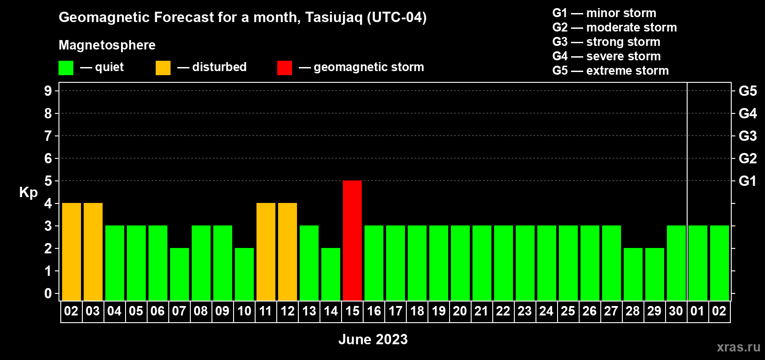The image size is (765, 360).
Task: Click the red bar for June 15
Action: (x=352, y=240)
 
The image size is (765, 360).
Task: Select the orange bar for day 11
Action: (x=265, y=252)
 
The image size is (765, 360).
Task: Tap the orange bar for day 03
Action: (x=93, y=252)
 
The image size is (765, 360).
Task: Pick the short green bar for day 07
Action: (x=179, y=274)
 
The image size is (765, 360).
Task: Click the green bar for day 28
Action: (x=633, y=274)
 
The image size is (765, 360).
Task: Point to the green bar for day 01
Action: (x=697, y=263)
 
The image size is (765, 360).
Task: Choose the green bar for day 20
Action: (x=460, y=263)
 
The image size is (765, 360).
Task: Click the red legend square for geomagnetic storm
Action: (x=284, y=67)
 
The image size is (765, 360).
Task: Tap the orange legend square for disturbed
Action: (x=163, y=67)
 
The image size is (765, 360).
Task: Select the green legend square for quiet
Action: (x=66, y=67)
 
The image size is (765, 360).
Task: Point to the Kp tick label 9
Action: (x=48, y=91)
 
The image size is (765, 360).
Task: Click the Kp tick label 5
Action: (x=48, y=181)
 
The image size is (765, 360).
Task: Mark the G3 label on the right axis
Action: (x=747, y=136)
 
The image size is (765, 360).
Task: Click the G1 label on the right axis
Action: (x=747, y=181)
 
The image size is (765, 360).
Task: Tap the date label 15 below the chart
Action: (x=352, y=311)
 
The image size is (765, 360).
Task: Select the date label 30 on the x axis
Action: (x=676, y=311)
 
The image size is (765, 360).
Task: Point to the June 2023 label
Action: (x=373, y=339)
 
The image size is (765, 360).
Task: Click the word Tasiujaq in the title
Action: (x=333, y=18)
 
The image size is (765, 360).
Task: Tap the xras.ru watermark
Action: (x=739, y=347)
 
